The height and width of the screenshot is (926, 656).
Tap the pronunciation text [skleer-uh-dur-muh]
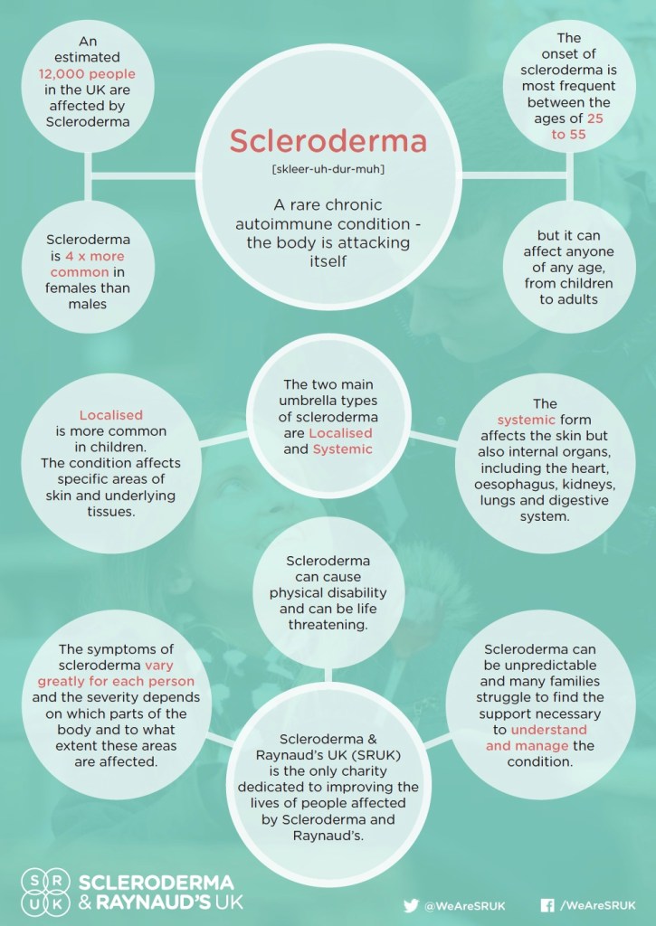(x=328, y=170)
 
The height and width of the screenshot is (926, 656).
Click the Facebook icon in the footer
(x=547, y=904)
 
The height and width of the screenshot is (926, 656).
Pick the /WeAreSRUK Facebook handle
(x=597, y=904)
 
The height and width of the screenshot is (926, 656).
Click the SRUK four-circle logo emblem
(x=45, y=892)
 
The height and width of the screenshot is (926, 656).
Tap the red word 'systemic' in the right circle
(x=524, y=420)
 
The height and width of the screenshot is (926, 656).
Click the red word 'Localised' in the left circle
(x=110, y=415)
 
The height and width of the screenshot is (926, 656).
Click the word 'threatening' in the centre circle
(x=328, y=625)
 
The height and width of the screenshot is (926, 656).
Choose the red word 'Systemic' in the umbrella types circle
(x=342, y=449)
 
